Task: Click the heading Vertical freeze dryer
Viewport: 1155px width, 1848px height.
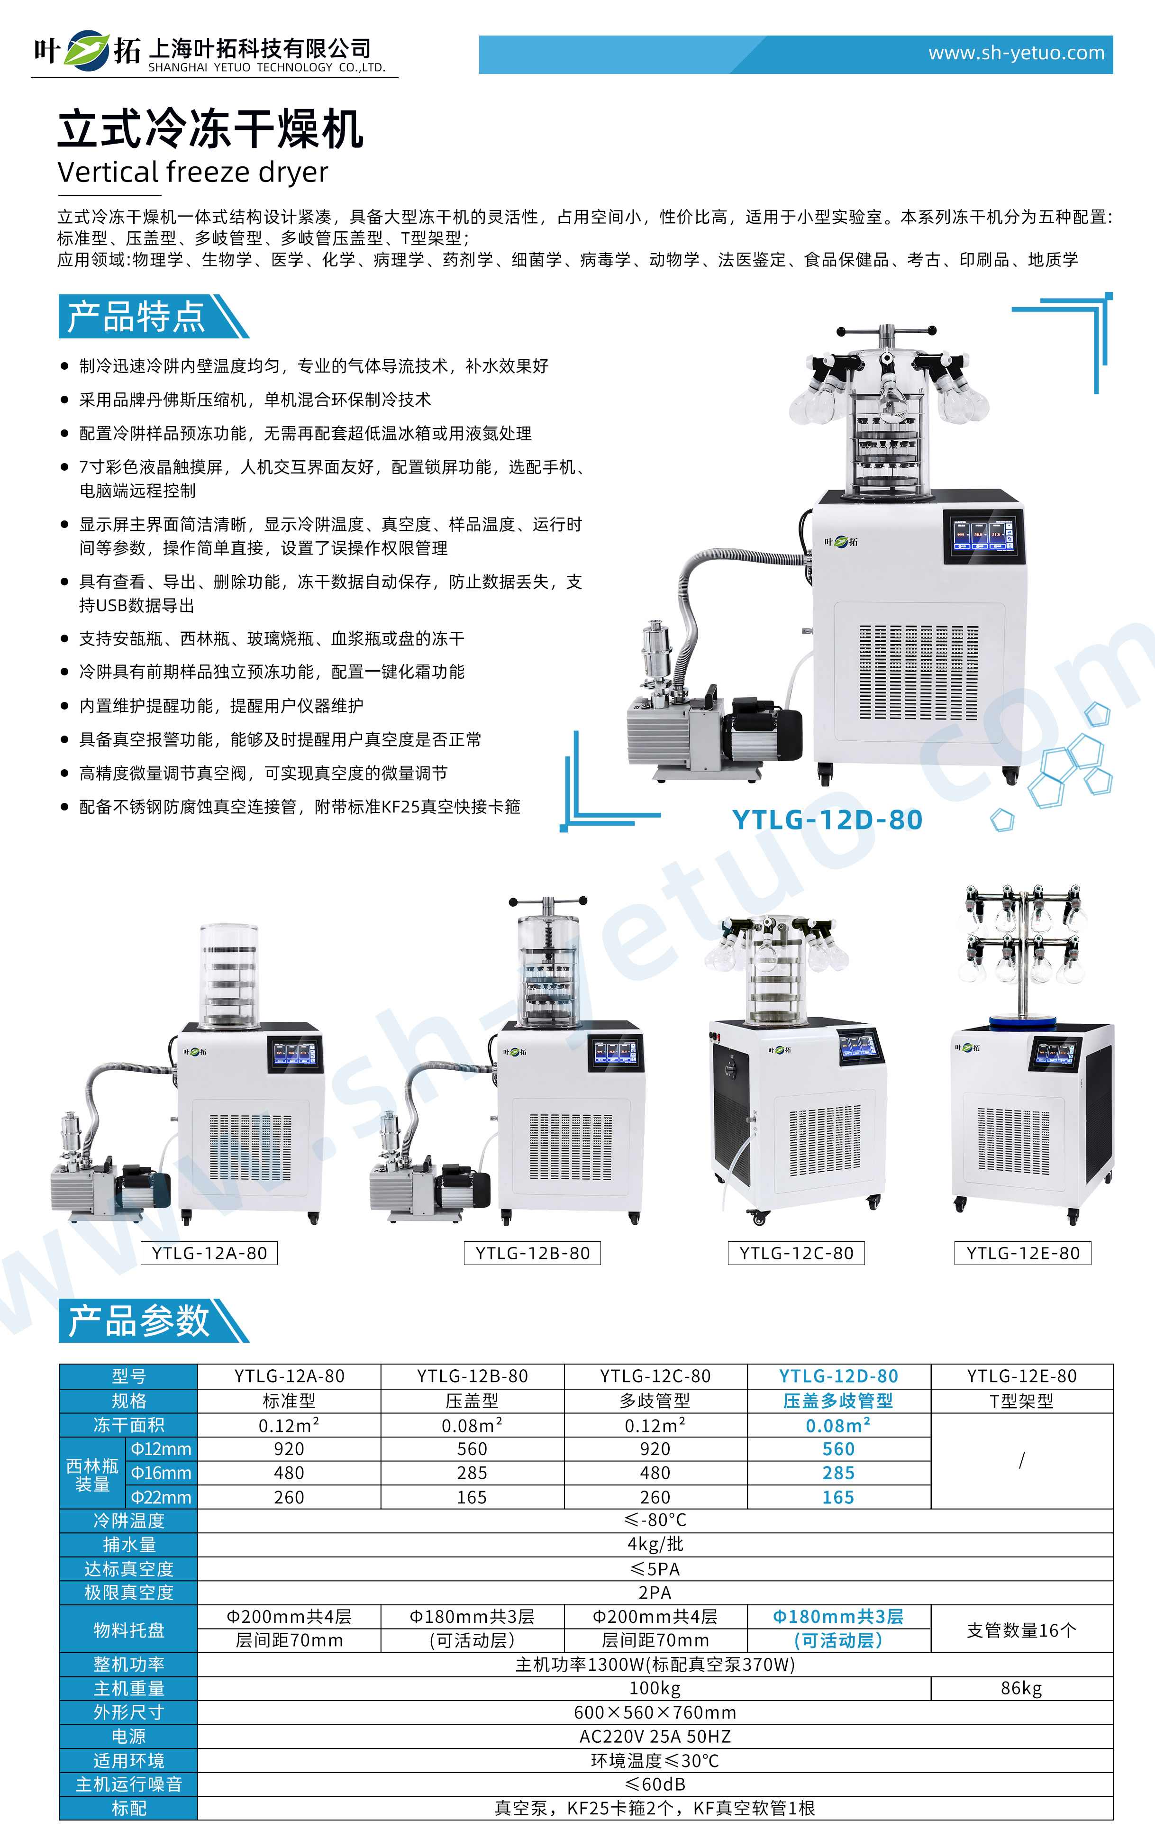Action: click(192, 173)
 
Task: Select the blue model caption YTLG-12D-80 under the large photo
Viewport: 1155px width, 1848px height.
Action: click(828, 819)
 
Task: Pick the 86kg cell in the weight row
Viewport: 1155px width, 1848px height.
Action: click(1021, 1688)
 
